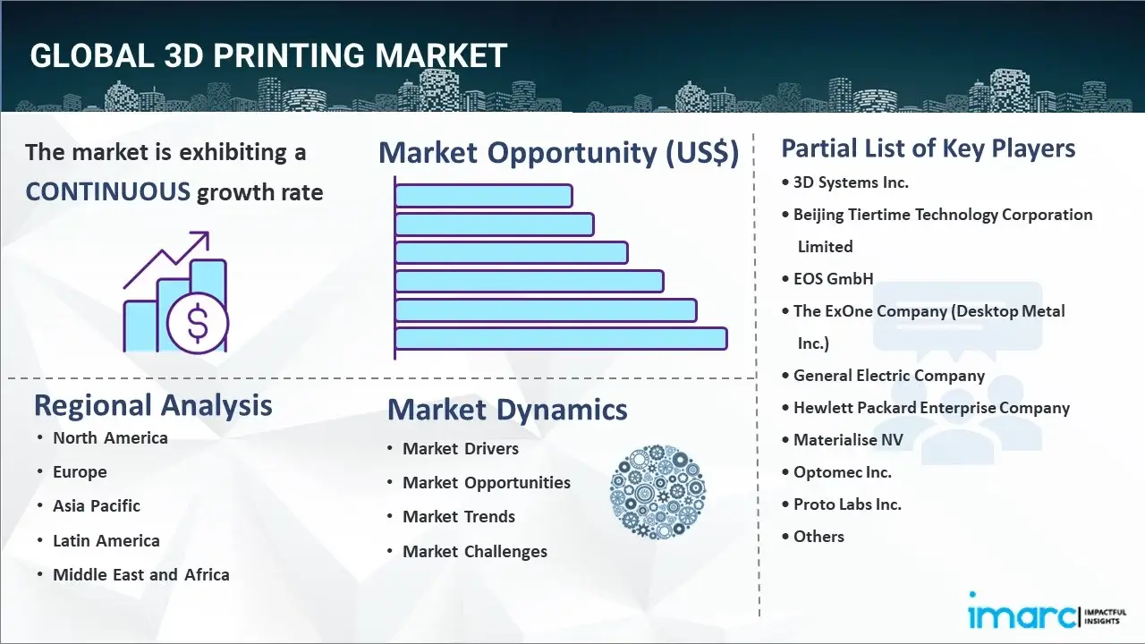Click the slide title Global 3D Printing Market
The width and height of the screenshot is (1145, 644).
click(268, 55)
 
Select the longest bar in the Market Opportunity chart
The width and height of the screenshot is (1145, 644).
click(561, 339)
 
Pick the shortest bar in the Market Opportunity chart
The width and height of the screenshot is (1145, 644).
click(483, 196)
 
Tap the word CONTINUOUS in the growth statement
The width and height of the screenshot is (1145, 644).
click(107, 191)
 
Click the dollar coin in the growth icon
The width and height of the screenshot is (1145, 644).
click(198, 324)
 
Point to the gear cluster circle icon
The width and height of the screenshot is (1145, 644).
click(657, 493)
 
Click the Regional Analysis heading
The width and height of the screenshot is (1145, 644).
click(153, 405)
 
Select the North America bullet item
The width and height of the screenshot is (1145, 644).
click(110, 437)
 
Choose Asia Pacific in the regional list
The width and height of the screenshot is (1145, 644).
click(97, 505)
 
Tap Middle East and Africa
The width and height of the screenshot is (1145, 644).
click(141, 574)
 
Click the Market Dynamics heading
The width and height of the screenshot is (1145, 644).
click(507, 410)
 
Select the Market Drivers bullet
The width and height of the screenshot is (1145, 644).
click(461, 448)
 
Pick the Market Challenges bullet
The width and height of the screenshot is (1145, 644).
click(475, 551)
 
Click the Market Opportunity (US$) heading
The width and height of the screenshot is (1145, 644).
click(558, 153)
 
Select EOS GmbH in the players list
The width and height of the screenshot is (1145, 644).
click(834, 278)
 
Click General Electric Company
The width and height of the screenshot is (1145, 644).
click(889, 376)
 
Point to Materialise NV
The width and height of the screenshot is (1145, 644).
click(848, 439)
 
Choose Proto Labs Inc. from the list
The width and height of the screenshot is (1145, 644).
click(847, 504)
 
